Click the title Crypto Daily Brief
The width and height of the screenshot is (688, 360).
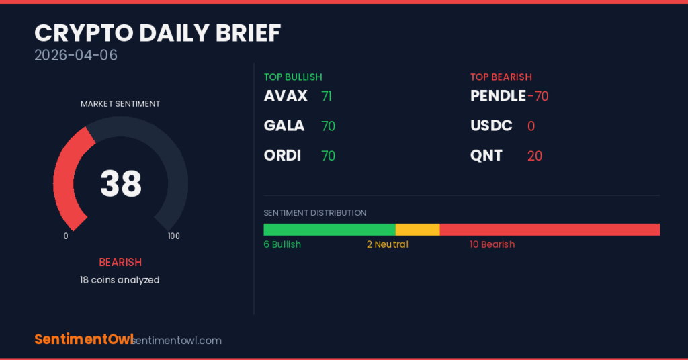coord(157,33)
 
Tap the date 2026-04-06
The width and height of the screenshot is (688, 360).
coord(76,55)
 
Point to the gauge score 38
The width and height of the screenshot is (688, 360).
coord(121,183)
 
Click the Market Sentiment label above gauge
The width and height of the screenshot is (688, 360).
coord(120,104)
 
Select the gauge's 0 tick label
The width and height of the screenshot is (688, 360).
coord(66,236)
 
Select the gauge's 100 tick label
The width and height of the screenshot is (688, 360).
coord(174,236)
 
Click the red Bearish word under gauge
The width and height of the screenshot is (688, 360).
coord(120,262)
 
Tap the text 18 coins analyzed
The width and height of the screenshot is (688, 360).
coord(120,280)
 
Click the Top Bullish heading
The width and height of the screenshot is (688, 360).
coord(293,77)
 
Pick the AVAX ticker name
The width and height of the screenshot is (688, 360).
coord(286,95)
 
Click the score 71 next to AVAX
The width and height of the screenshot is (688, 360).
coord(327,97)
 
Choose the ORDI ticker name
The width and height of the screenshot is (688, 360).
coord(283,155)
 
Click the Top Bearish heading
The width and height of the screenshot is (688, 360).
coord(501,77)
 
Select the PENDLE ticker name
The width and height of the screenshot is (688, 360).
coord(498,95)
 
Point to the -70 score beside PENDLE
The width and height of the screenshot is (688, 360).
coord(538,97)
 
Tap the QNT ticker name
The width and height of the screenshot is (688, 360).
coord(486,155)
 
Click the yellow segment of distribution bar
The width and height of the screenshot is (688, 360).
coord(418,230)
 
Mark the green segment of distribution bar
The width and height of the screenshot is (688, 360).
coord(329,230)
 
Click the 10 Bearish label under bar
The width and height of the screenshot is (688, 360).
coord(492,244)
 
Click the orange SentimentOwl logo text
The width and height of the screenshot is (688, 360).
coord(84,339)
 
